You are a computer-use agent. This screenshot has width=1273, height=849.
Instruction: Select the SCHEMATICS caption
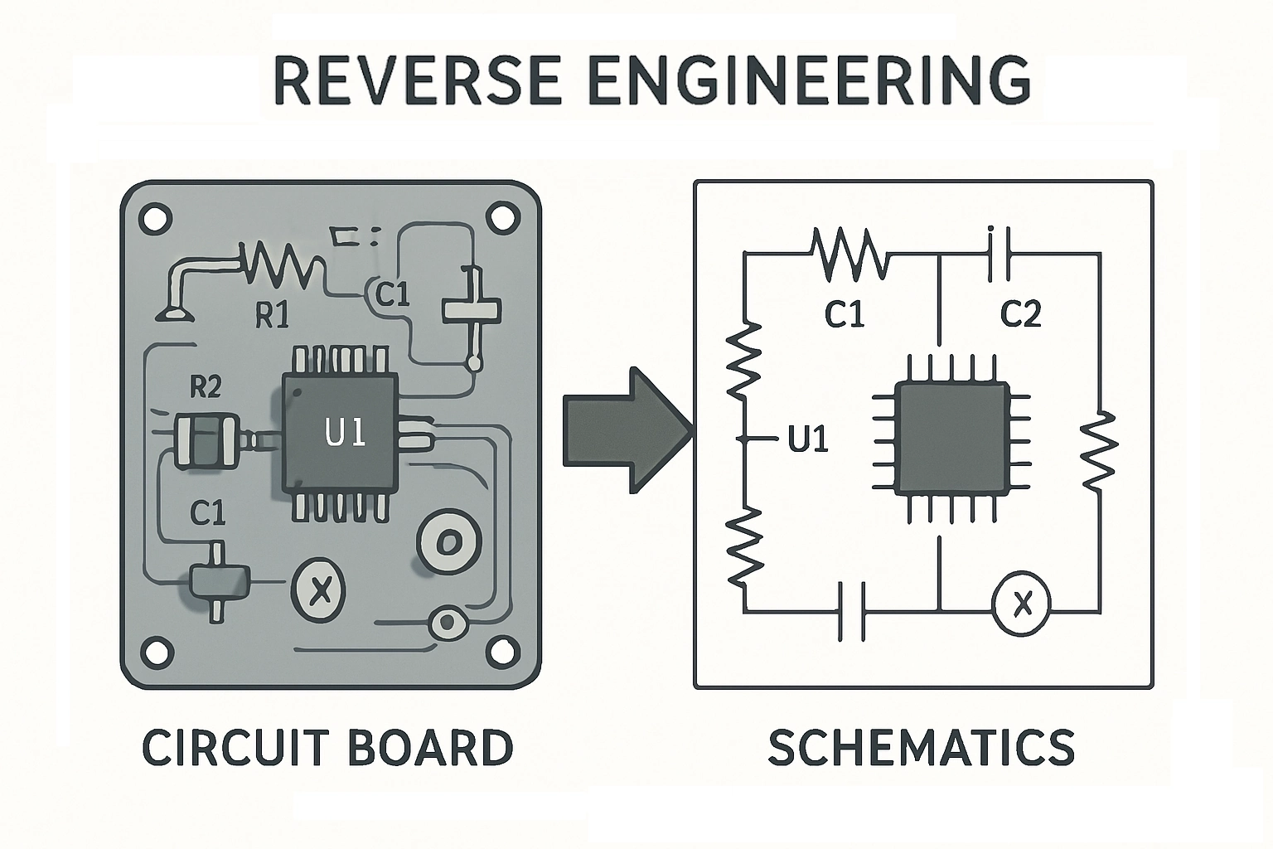pyautogui.click(x=921, y=747)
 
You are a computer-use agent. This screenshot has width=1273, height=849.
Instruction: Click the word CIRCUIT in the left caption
pyautogui.click(x=235, y=747)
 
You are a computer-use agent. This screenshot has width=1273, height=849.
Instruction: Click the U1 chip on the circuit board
pyautogui.click(x=341, y=432)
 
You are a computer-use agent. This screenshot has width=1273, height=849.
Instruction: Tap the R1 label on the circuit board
pyautogui.click(x=271, y=315)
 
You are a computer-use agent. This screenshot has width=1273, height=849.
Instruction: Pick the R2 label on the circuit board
pyautogui.click(x=206, y=386)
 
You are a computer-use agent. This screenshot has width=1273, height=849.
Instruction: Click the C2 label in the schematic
pyautogui.click(x=1020, y=314)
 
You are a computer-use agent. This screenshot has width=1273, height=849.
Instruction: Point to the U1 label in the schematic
pyautogui.click(x=808, y=439)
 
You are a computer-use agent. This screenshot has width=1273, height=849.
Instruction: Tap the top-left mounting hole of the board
pyautogui.click(x=154, y=219)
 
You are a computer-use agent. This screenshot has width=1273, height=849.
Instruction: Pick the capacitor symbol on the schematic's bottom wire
pyautogui.click(x=851, y=611)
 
